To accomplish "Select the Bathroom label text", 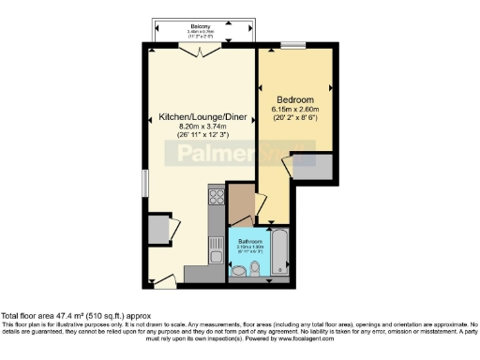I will [x=249, y=241].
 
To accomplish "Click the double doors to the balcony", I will [x=196, y=52].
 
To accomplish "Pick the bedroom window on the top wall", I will [x=292, y=45].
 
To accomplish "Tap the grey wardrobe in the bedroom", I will [x=314, y=169].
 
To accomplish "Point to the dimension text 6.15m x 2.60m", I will [x=293, y=110].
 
